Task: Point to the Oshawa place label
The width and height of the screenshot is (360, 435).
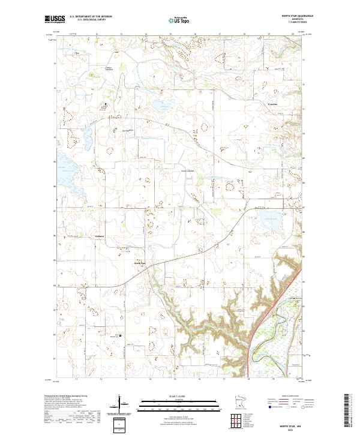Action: coord(100,236)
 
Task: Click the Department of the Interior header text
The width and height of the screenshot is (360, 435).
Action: coord(90,16)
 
